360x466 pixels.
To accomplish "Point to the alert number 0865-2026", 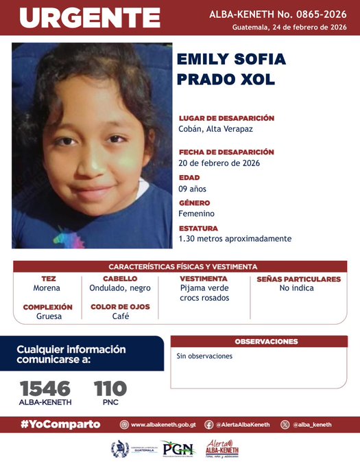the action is coord(323,13).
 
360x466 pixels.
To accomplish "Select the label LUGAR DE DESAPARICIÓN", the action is coord(226,118).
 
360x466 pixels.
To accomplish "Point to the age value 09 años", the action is coord(192,189).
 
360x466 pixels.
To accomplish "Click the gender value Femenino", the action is coord(196,213).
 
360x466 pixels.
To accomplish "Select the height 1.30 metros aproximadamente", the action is coord(235,239).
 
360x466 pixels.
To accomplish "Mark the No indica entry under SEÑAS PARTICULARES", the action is coord(297,288).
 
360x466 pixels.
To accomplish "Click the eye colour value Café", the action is coord(121,316).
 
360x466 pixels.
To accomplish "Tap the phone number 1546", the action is coord(45,389).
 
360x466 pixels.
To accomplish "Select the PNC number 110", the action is coord(110,389).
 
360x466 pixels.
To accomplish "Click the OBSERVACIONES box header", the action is coord(266,341).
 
